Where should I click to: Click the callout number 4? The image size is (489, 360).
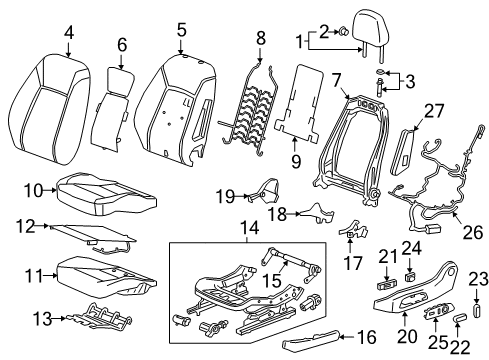(69, 33)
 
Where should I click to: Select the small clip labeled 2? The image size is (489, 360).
(344, 32)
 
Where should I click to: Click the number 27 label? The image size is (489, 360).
(434, 111)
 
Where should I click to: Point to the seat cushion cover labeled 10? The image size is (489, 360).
(107, 194)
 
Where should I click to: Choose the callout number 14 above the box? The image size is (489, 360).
(250, 229)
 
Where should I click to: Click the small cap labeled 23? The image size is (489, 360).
(477, 310)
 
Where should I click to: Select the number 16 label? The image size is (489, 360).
(366, 337)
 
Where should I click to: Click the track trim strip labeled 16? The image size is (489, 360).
(311, 340)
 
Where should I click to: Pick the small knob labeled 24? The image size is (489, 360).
(409, 276)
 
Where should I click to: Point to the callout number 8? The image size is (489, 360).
(261, 38)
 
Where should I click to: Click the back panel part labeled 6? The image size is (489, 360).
(112, 107)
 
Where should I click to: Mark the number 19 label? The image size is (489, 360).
(225, 196)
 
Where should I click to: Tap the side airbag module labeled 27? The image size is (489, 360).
(404, 152)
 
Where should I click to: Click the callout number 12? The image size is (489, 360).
(25, 227)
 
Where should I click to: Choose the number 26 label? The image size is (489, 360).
(473, 232)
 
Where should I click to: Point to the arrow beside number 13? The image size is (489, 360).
(59, 318)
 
